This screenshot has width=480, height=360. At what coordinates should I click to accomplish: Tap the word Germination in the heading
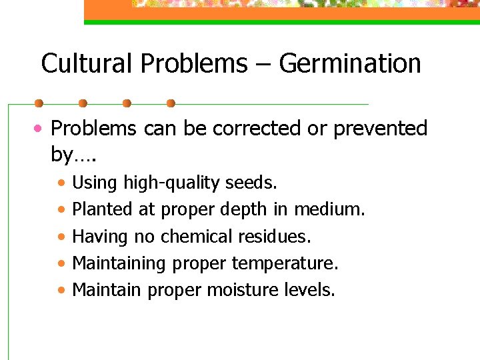pyautogui.click(x=350, y=64)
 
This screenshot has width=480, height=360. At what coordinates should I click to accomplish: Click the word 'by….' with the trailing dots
pyautogui.click(x=73, y=155)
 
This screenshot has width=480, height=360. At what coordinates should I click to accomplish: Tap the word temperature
pyautogui.click(x=285, y=263)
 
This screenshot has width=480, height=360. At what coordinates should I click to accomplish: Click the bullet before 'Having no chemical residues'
pyautogui.click(x=61, y=237)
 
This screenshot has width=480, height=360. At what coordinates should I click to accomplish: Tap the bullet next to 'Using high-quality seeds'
pyautogui.click(x=61, y=183)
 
